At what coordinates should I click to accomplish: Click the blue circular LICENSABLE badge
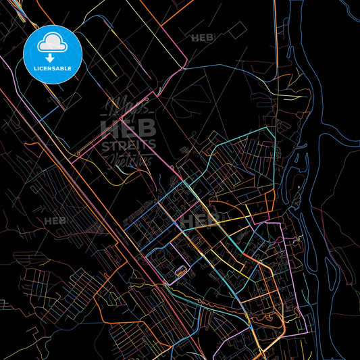pos(53,55)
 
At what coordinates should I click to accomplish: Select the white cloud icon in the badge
pos(53,43)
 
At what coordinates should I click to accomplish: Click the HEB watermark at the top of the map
pos(202,38)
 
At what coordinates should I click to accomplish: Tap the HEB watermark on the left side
pos(55,221)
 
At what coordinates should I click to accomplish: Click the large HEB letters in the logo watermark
pos(128,128)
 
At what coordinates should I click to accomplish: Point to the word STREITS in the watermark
pos(128,145)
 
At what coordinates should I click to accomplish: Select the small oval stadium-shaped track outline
pos(181,272)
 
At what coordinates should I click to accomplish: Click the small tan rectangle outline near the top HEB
pos(237,30)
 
